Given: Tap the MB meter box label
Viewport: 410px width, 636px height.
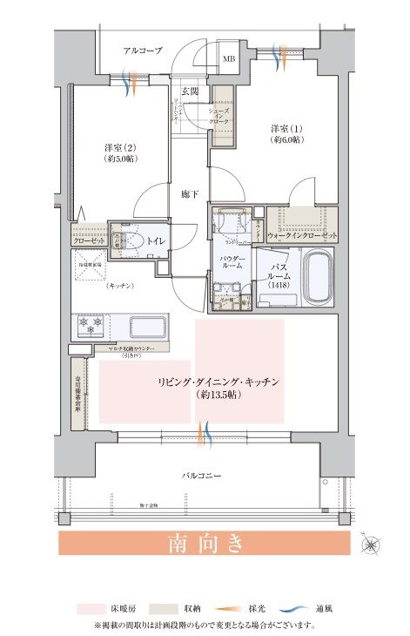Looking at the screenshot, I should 228,59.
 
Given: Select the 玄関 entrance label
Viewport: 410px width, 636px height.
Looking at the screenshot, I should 191,91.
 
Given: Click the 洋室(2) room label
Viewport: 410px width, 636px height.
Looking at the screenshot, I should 122,153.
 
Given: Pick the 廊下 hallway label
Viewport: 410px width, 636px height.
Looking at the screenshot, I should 191,196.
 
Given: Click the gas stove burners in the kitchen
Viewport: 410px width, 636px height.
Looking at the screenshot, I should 91,327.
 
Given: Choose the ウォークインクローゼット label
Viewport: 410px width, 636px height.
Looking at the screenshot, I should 302,235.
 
